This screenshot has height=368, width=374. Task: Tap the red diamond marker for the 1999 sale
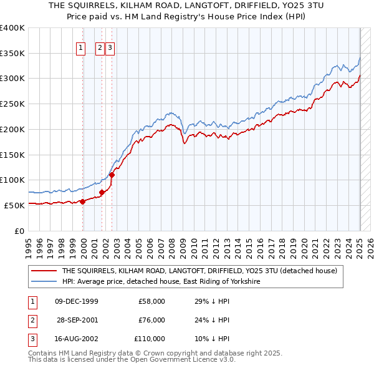82,201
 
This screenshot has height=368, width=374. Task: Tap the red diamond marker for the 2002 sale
112,175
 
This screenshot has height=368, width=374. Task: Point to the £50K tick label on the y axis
14,205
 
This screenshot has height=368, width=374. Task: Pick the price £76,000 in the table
151,320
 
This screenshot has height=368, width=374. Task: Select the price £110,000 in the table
150,339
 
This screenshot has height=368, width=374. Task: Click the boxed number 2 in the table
32,320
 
